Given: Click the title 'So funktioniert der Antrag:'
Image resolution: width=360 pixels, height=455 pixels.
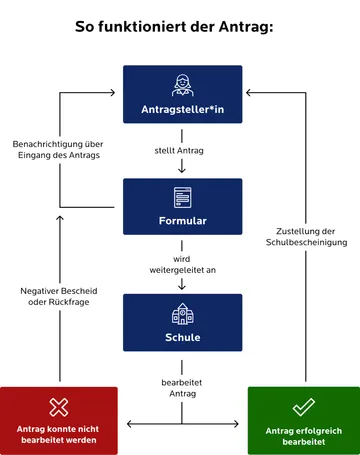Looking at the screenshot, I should coord(181,27).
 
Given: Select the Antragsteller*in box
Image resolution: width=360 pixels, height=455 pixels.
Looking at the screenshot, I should coord(181,94).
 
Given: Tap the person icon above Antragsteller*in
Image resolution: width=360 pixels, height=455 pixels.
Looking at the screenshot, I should coord(181,84).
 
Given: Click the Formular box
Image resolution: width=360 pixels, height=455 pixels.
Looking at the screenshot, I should coord(181,206).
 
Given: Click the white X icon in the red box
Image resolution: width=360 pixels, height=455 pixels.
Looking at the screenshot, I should coord(58,407).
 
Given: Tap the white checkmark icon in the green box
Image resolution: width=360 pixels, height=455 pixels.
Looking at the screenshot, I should coord(303,407).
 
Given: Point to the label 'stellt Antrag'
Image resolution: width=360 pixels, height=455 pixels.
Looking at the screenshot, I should coord(181,151).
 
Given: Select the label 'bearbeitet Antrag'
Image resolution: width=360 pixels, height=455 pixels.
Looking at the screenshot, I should coord(181,388).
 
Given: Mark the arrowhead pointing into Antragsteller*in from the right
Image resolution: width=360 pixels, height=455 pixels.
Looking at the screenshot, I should coord(248,94).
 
